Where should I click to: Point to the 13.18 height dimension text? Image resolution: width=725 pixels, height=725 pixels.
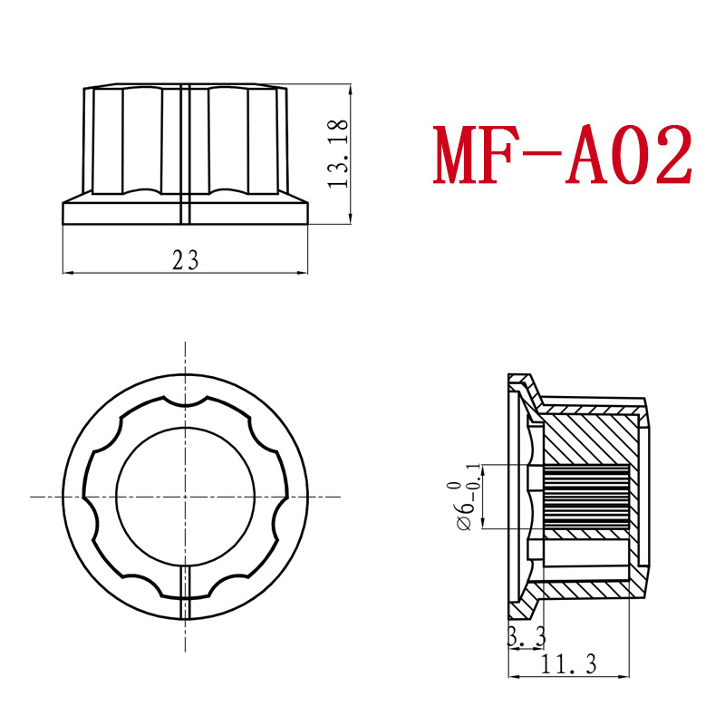[339, 154]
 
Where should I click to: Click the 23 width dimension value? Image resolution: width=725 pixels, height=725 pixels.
[185, 260]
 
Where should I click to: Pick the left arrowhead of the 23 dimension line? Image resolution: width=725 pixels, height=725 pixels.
[66, 272]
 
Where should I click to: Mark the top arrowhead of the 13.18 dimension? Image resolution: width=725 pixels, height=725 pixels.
[351, 91]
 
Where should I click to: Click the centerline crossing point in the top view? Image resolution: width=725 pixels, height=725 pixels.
[185, 496]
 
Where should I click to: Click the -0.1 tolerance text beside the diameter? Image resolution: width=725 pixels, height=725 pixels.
[473, 475]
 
